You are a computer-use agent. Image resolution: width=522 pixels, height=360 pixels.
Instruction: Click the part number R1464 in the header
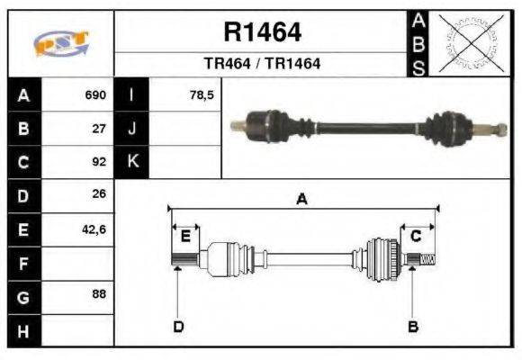pos(262,33)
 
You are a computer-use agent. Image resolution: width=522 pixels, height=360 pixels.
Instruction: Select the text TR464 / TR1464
pos(262,64)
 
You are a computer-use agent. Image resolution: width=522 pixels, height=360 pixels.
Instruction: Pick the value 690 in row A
pos(95,94)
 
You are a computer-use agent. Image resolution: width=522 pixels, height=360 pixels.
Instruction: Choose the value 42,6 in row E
pos(94,229)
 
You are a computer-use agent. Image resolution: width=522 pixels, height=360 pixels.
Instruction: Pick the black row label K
pos(131,162)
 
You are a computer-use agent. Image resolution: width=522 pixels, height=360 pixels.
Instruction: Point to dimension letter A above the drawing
pos(302,200)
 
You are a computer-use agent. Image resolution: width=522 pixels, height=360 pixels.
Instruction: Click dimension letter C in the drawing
pos(416,236)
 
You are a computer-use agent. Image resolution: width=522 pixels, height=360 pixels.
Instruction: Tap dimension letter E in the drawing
pos(185,236)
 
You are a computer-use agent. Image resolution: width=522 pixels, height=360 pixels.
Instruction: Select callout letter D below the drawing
pos(177,326)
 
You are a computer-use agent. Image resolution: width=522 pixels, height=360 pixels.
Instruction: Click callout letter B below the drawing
pos(413,326)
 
